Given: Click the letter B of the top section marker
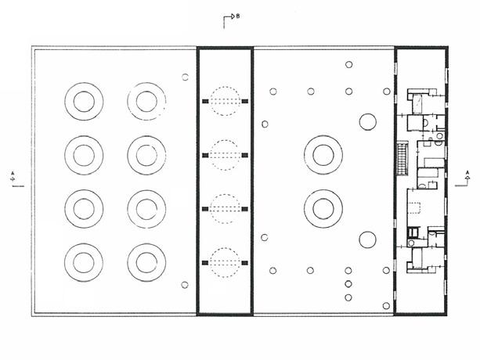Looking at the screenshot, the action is (x=237, y=16).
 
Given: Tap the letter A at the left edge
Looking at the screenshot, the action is (x=13, y=170).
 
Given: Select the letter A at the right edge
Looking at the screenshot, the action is (x=467, y=171).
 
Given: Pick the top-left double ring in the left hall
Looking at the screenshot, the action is (x=83, y=101).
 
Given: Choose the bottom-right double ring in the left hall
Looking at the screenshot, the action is (x=146, y=261).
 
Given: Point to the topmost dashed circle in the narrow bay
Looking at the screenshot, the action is (x=225, y=101).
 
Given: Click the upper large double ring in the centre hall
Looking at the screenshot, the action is (x=322, y=153).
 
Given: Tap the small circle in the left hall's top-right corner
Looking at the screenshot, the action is (x=185, y=77).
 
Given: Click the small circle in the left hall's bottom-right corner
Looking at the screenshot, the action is (x=185, y=285).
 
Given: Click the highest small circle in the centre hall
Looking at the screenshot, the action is (x=349, y=66).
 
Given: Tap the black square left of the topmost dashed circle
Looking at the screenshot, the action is (x=205, y=102).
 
